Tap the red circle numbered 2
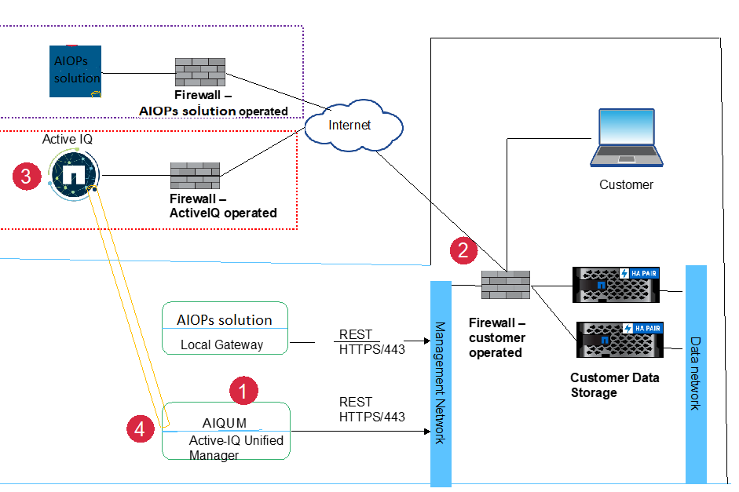pyautogui.click(x=463, y=250)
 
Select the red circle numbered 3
pyautogui.click(x=26, y=177)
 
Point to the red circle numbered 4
pyautogui.click(x=139, y=428)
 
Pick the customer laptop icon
pyautogui.click(x=625, y=139)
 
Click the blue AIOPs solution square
pyautogui.click(x=75, y=71)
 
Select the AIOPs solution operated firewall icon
pyautogui.click(x=199, y=72)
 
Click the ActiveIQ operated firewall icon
pyautogui.click(x=195, y=176)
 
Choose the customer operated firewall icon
pyautogui.click(x=506, y=284)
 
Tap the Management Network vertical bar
pyautogui.click(x=441, y=382)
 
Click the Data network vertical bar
pyautogui.click(x=696, y=374)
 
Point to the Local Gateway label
pyautogui.click(x=222, y=344)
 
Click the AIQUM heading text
pyautogui.click(x=224, y=424)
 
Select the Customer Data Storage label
pyautogui.click(x=614, y=384)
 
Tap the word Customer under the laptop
pyautogui.click(x=626, y=185)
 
